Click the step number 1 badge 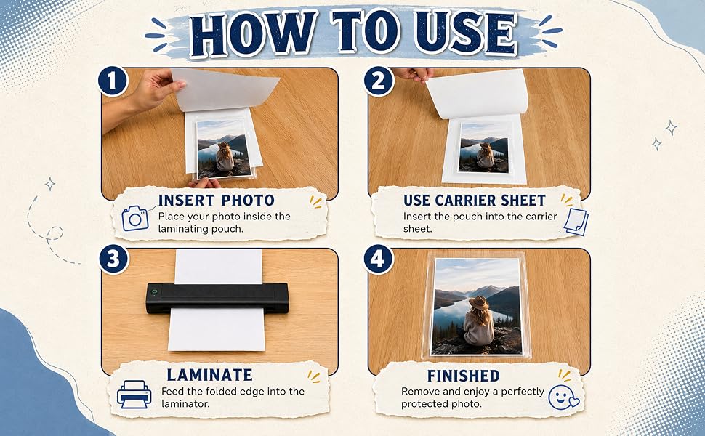coord(113,81)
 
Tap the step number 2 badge coord(379,81)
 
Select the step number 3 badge coord(114,259)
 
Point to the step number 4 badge coord(378,259)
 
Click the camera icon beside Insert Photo coord(135,219)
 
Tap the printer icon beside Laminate coord(134,394)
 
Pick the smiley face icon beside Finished coord(564,397)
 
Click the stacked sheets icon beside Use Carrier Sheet coord(576,222)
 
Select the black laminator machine coord(217,298)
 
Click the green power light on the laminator coord(154,291)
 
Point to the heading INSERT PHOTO coord(217,200)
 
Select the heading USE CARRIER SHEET coord(475,200)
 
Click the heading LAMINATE coord(209,375)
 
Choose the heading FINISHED coord(463,376)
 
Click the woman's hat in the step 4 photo coord(478,302)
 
